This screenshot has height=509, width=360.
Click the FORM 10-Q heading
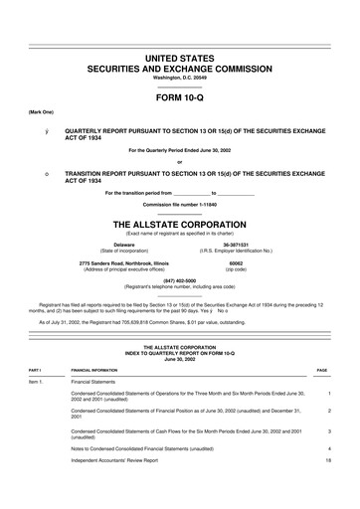tap(179, 99)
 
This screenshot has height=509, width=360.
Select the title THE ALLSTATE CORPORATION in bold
tap(179, 223)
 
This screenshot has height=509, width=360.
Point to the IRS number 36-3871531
tap(236, 244)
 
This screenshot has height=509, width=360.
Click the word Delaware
tap(123, 244)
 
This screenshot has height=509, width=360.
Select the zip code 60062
tap(236, 262)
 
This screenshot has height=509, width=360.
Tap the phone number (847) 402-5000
tap(179, 281)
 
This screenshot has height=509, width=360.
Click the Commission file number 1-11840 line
tap(179, 204)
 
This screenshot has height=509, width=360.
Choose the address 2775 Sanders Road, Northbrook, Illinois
tap(123, 262)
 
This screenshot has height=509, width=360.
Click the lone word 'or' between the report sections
tap(179, 162)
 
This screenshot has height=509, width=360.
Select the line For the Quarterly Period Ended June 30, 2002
tap(179, 150)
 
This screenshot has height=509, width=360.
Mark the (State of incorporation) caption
tap(123, 251)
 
